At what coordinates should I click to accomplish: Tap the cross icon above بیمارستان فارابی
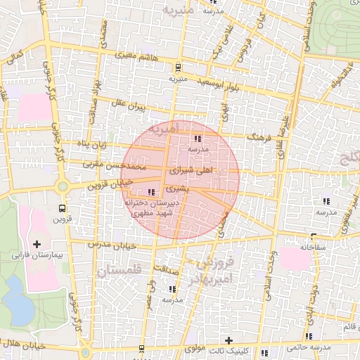tap(37, 243)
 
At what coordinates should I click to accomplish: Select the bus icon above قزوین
tap(62, 208)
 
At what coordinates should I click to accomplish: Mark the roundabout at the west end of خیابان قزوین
tap(62, 187)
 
